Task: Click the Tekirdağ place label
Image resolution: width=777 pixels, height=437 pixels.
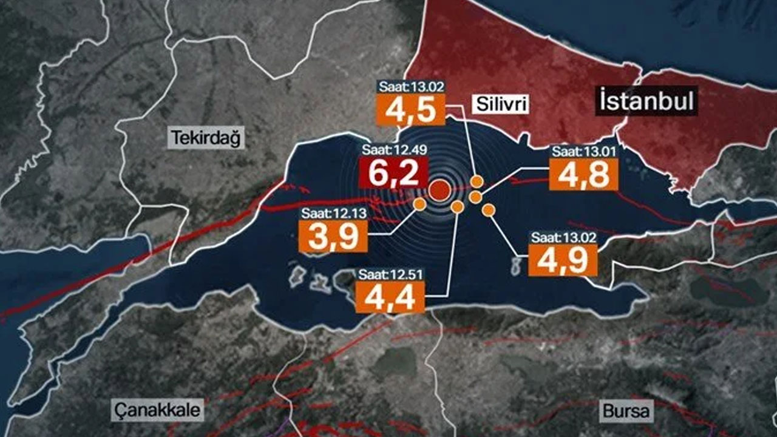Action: tap(206, 138)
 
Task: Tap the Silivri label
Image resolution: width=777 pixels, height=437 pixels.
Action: tap(499, 105)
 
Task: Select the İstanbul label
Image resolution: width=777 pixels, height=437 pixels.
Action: tap(646, 101)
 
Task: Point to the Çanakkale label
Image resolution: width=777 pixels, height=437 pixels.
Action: tap(157, 411)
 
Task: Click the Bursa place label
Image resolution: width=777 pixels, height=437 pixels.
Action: tap(626, 412)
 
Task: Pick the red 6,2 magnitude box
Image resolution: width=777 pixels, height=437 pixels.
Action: tap(394, 174)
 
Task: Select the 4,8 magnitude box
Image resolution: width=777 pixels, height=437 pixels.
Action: tap(583, 175)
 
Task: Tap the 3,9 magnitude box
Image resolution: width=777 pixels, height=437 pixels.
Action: tap(333, 236)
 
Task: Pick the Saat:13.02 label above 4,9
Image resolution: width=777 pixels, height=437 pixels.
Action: tap(564, 237)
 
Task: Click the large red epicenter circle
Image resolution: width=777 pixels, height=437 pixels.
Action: tap(439, 190)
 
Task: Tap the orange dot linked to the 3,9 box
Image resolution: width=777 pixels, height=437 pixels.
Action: tap(419, 204)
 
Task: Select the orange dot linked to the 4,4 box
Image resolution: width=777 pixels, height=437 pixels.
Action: tap(458, 207)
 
